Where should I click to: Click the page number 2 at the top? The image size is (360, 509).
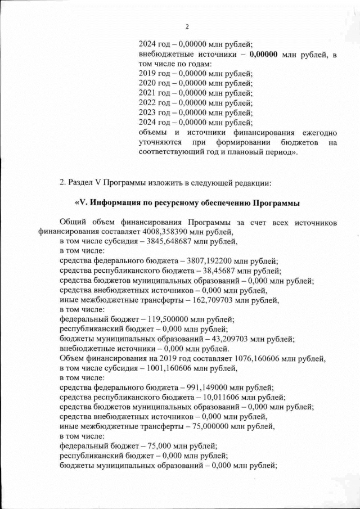pyautogui.click(x=187, y=26)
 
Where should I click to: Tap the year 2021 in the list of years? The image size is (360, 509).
pyautogui.click(x=147, y=93)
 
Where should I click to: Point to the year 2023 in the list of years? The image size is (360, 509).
pyautogui.click(x=147, y=112)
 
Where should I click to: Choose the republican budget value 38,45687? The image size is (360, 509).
pyautogui.click(x=215, y=271)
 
